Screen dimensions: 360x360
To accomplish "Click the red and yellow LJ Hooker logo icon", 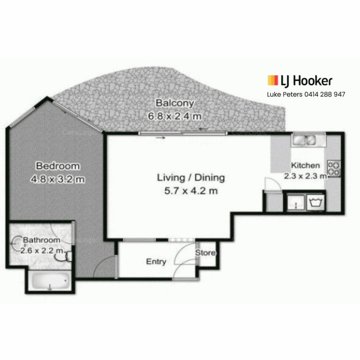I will point(273,80).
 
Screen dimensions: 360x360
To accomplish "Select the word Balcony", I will point(175,103).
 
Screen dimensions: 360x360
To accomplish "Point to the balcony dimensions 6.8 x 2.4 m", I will point(175,116).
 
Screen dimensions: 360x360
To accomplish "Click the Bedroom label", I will point(58,166).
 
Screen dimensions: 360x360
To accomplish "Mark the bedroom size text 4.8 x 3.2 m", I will point(58,179).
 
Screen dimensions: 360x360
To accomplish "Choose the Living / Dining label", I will point(191,178).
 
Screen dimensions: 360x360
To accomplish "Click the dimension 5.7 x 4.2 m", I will point(191,191).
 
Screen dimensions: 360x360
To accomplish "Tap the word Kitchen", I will point(305,165).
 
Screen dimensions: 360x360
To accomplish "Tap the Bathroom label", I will point(42,240).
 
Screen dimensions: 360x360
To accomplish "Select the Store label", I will point(205,253).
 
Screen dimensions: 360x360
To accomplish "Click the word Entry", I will point(156,262).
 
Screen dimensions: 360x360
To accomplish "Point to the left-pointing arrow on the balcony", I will point(203,129).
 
